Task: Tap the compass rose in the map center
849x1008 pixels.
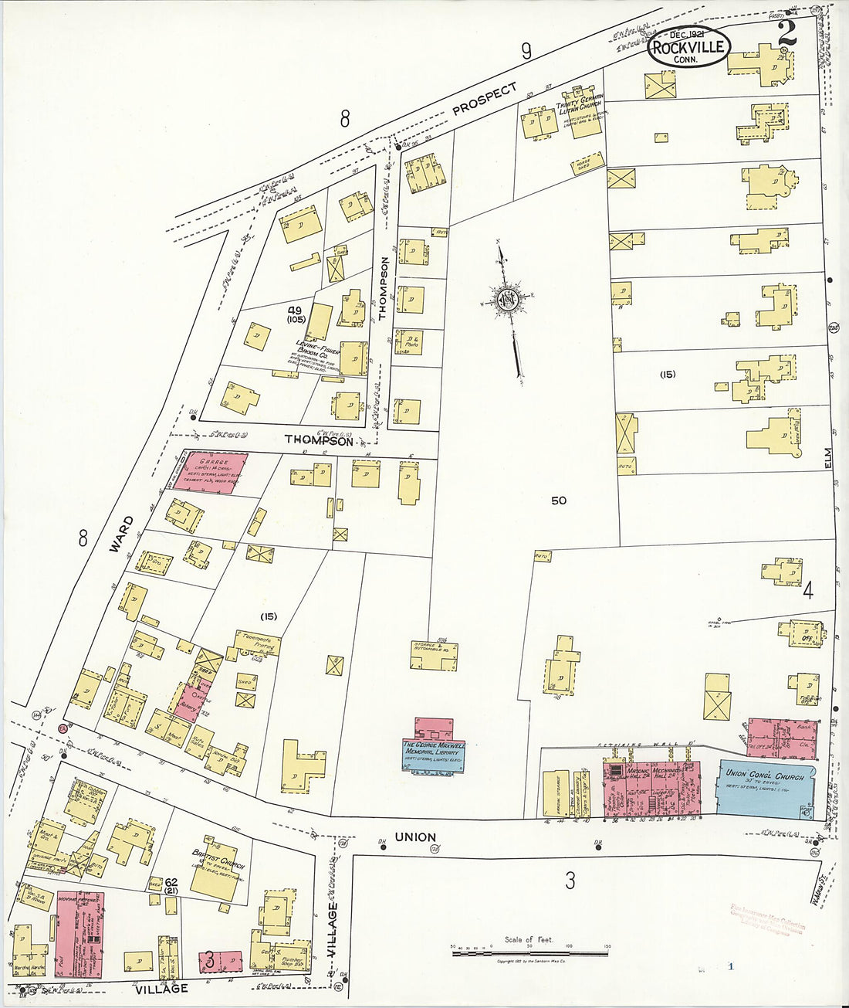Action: pyautogui.click(x=509, y=299)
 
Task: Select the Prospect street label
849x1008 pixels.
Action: pyautogui.click(x=485, y=100)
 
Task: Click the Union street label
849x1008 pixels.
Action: pyautogui.click(x=415, y=837)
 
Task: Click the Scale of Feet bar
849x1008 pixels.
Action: pyautogui.click(x=529, y=952)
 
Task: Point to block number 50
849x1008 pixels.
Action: pyautogui.click(x=559, y=501)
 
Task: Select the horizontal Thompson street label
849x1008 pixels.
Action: pyautogui.click(x=319, y=440)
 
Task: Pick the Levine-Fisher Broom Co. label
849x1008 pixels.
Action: pyautogui.click(x=316, y=351)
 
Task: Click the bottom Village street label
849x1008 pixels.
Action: pyautogui.click(x=161, y=989)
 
